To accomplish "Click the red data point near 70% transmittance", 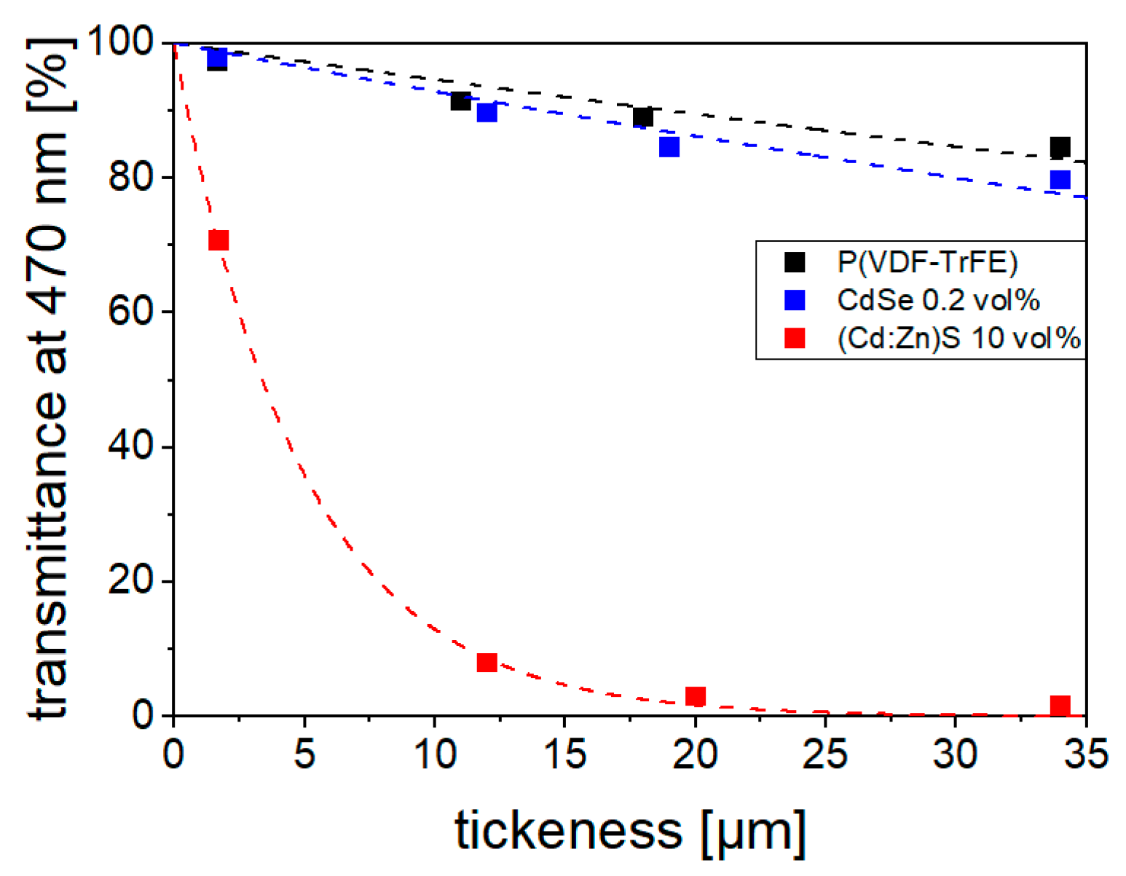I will tap(218, 240).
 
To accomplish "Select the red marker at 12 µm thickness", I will tap(487, 663).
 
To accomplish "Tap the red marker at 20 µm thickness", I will tap(696, 697).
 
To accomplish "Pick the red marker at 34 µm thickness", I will tap(1060, 706).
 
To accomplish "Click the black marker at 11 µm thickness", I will tap(460, 101).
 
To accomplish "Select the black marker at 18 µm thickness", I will tap(642, 117).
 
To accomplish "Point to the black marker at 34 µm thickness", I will tap(1060, 147).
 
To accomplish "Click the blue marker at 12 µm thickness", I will tap(487, 112).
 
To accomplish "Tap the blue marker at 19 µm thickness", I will tap(669, 147).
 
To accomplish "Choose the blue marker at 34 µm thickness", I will tap(1060, 179).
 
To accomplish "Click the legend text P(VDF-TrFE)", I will tap(927, 262).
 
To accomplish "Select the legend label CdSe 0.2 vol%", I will tap(938, 300).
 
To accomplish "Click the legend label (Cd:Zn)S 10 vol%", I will tap(958, 338).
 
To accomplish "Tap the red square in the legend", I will tap(795, 338).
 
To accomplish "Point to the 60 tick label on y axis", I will tap(130, 312).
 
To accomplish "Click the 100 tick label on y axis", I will tap(120, 42).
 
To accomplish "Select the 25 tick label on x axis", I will tap(824, 754).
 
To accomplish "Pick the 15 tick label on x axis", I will tap(564, 754).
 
